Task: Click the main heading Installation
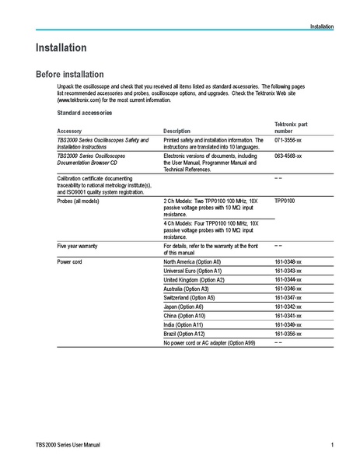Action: [61, 48]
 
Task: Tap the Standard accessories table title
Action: [85, 113]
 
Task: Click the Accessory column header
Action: [69, 131]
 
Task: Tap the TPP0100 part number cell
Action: [285, 201]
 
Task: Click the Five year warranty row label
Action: [78, 245]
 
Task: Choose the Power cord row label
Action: [70, 262]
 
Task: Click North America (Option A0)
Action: [192, 262]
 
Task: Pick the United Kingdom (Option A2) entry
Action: [194, 279]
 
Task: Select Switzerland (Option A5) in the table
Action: [189, 297]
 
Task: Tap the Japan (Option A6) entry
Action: [183, 307]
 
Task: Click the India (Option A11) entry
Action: [183, 324]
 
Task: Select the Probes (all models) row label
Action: [79, 201]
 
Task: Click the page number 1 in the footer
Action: [332, 444]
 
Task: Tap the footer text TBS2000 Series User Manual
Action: [68, 444]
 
